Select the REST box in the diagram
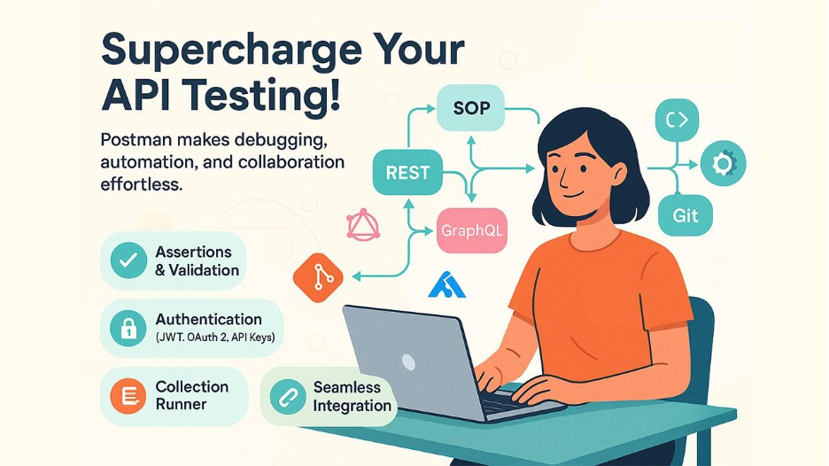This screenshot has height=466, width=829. click(407, 173)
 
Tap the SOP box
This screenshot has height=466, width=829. click(470, 108)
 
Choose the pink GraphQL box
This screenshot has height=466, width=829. click(472, 230)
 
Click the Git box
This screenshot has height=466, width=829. click(686, 215)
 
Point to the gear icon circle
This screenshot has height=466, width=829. click(724, 163)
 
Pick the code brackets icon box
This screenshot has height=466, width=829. click(678, 120)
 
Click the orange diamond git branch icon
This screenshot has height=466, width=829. click(318, 277)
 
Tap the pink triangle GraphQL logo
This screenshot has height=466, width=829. click(363, 225)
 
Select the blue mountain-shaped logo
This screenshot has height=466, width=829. click(446, 285)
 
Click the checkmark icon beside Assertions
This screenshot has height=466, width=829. click(128, 260)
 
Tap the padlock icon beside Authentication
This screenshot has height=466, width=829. click(128, 328)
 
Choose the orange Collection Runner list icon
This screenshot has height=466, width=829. click(128, 396)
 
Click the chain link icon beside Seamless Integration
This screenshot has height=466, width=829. click(288, 397)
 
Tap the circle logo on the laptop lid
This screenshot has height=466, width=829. click(408, 362)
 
